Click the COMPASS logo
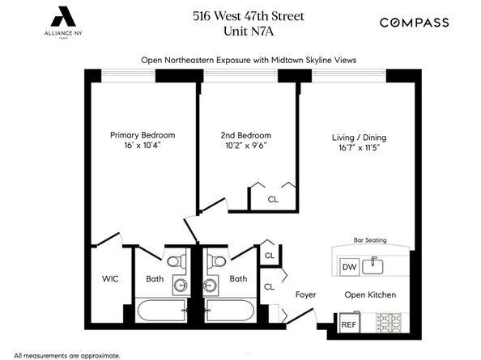click(x=415, y=23)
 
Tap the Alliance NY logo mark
click(x=60, y=15)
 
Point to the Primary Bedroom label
click(x=143, y=135)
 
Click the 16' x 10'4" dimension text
click(x=143, y=146)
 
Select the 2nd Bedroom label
click(x=245, y=135)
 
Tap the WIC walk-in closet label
click(x=110, y=278)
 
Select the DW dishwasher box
click(x=349, y=268)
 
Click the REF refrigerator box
click(x=348, y=324)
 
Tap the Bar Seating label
click(x=369, y=240)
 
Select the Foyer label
click(x=305, y=294)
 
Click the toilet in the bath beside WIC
click(x=175, y=260)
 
